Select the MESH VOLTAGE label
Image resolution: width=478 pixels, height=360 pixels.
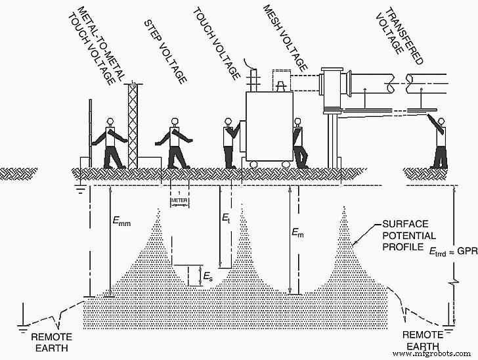pos(285,36)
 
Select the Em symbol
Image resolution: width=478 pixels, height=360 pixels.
pos(299,233)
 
